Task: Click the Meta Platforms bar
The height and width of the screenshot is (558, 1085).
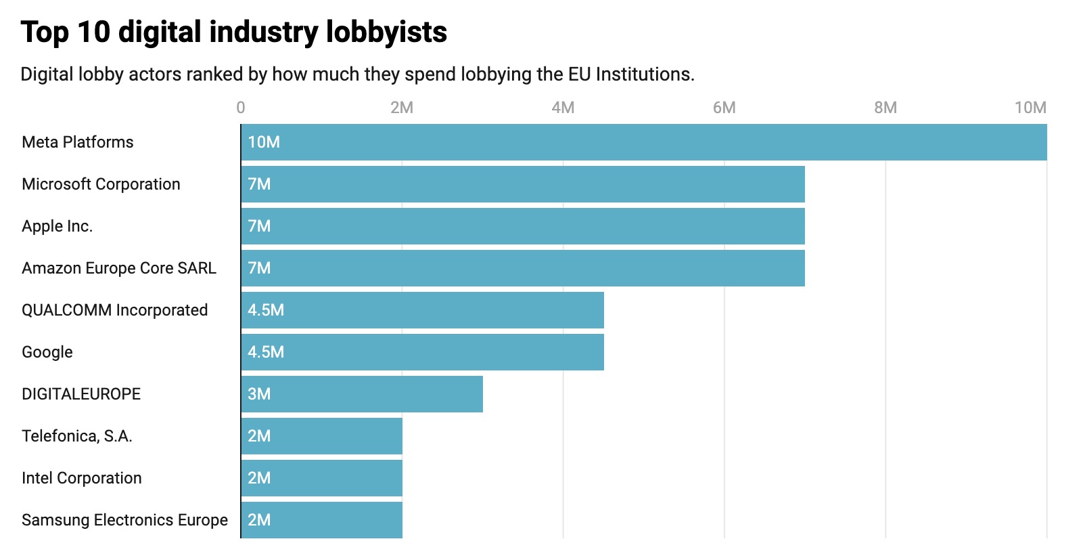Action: point(643,142)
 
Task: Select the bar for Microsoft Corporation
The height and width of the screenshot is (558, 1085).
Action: point(522,184)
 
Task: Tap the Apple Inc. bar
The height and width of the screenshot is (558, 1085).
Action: point(522,226)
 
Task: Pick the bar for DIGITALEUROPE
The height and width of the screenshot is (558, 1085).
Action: point(362,394)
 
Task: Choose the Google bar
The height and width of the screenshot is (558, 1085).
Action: point(422,352)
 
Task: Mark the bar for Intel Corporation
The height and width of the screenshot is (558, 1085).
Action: point(321,478)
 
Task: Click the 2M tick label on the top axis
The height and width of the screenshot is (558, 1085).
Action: point(402,108)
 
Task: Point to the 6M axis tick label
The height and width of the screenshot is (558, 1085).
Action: point(724,108)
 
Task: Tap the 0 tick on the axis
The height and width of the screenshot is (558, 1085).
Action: point(241,108)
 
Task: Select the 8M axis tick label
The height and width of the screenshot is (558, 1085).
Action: point(885,108)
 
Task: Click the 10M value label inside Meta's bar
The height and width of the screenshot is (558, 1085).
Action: point(264,142)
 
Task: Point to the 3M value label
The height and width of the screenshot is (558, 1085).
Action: point(259,394)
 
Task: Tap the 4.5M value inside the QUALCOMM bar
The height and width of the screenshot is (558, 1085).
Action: point(266,310)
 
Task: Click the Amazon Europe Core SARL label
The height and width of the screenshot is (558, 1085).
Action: point(119,268)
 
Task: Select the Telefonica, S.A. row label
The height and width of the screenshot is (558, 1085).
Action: point(77,436)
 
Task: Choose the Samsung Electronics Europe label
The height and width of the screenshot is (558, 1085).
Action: point(124,520)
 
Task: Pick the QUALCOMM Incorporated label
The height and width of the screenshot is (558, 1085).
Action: point(115,310)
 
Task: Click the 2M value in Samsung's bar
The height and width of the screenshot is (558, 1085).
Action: point(259,520)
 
